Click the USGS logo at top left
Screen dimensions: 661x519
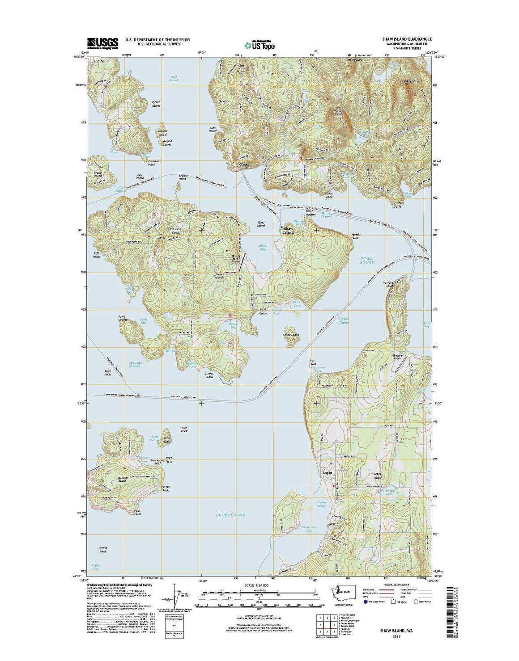pyautogui.click(x=102, y=43)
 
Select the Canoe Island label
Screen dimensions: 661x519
pyautogui.click(x=290, y=334)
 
